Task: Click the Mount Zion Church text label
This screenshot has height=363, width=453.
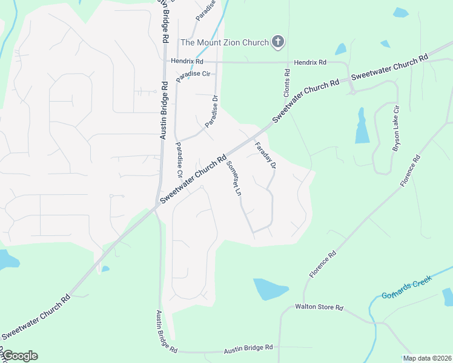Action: (225, 42)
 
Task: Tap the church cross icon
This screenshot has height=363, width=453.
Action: (278, 42)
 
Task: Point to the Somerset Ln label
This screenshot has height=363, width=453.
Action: (234, 178)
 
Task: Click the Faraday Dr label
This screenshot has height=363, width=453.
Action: (265, 155)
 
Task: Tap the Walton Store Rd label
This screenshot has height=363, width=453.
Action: (319, 307)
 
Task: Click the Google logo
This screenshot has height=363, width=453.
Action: (19, 356)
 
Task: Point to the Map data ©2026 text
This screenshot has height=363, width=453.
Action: (427, 358)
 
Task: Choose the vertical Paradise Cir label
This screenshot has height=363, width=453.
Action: (179, 159)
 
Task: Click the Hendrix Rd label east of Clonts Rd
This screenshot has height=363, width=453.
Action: (310, 62)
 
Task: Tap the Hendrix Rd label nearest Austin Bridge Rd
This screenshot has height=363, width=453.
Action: (187, 61)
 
